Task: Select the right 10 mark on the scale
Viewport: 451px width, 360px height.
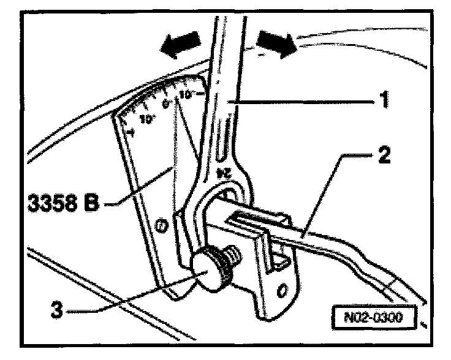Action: (x=186, y=96)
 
